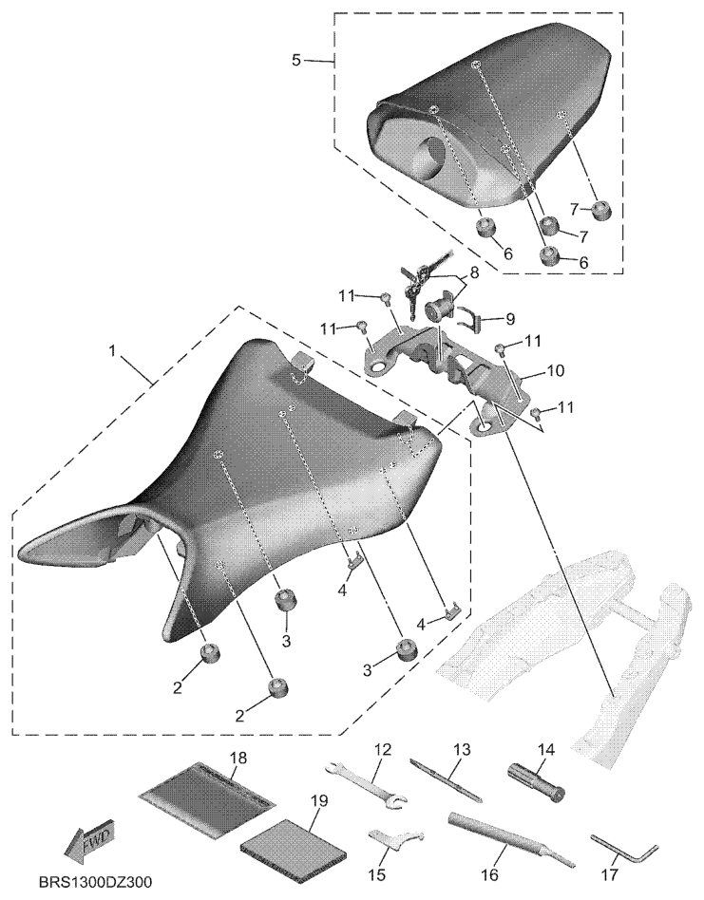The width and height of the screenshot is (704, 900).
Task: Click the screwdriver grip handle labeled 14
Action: pos(537,781)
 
